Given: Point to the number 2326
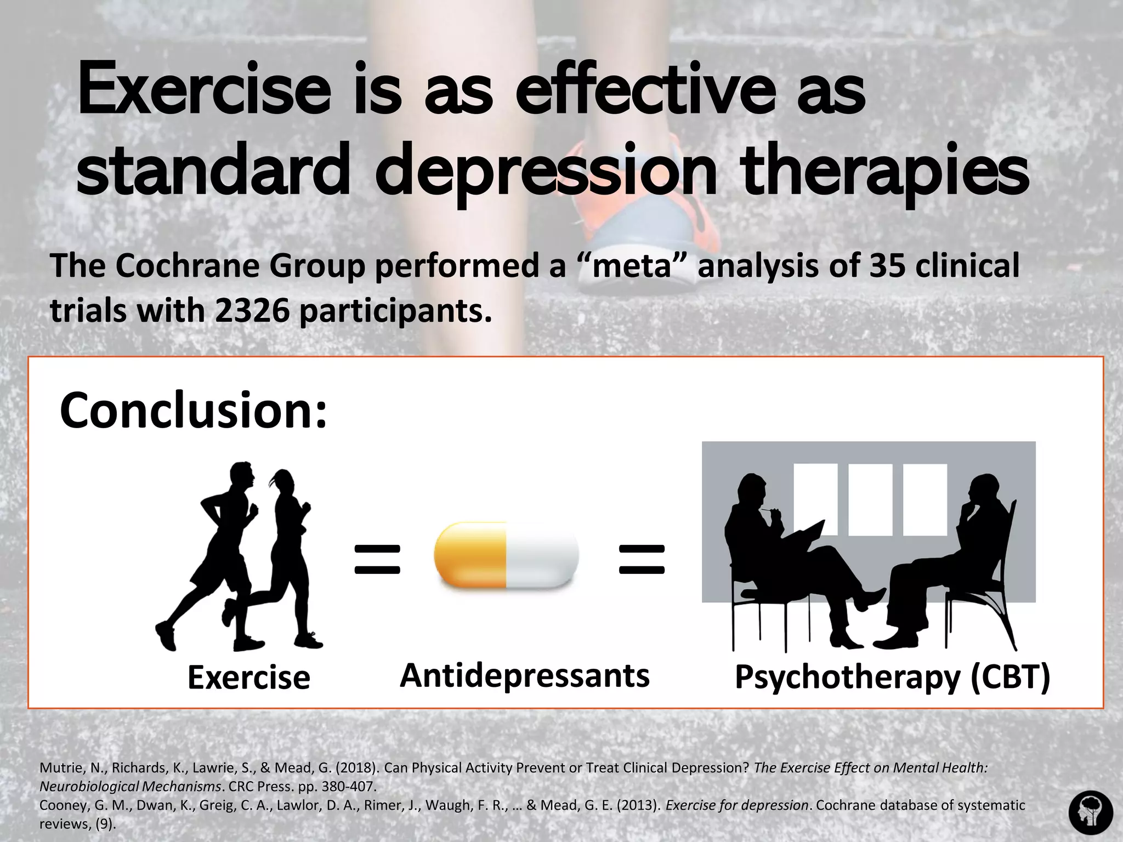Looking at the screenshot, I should point(252,311).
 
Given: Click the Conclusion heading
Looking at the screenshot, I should point(193,411).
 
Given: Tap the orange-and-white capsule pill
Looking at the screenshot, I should point(506,555).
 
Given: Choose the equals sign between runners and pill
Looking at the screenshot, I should point(377,559).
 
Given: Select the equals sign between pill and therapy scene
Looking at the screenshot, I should point(642,559).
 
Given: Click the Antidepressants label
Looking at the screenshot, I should point(525,675).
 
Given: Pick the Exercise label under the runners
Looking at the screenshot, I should point(249,678).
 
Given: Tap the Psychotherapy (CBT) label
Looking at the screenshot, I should point(892,678).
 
